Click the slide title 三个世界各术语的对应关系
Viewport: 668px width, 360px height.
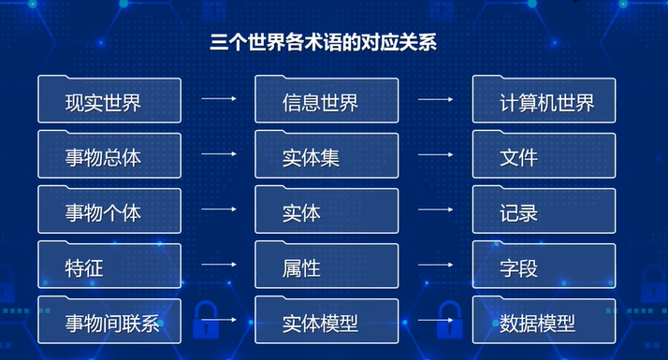[324, 43]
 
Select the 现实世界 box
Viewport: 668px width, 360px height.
[109, 100]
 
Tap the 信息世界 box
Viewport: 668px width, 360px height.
[327, 100]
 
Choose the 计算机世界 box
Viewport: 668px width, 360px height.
[544, 100]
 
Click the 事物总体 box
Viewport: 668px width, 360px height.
[109, 154]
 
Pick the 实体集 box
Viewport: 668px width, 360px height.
[327, 154]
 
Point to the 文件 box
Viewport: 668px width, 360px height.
[544, 154]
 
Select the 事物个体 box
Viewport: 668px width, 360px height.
[109, 210]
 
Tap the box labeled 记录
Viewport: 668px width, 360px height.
[544, 210]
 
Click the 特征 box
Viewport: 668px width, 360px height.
[109, 265]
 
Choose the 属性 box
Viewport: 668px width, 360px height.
[327, 265]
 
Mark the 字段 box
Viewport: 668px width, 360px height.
[544, 265]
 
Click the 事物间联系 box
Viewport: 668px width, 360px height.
[109, 321]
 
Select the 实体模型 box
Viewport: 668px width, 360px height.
[327, 321]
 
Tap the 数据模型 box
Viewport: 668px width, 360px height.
[544, 321]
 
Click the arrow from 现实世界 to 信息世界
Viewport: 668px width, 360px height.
[219, 98]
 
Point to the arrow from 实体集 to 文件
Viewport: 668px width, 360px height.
[435, 154]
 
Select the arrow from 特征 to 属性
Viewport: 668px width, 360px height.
[219, 265]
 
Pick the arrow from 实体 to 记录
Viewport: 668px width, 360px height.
[435, 209]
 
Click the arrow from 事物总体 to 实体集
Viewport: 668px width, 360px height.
[219, 153]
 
